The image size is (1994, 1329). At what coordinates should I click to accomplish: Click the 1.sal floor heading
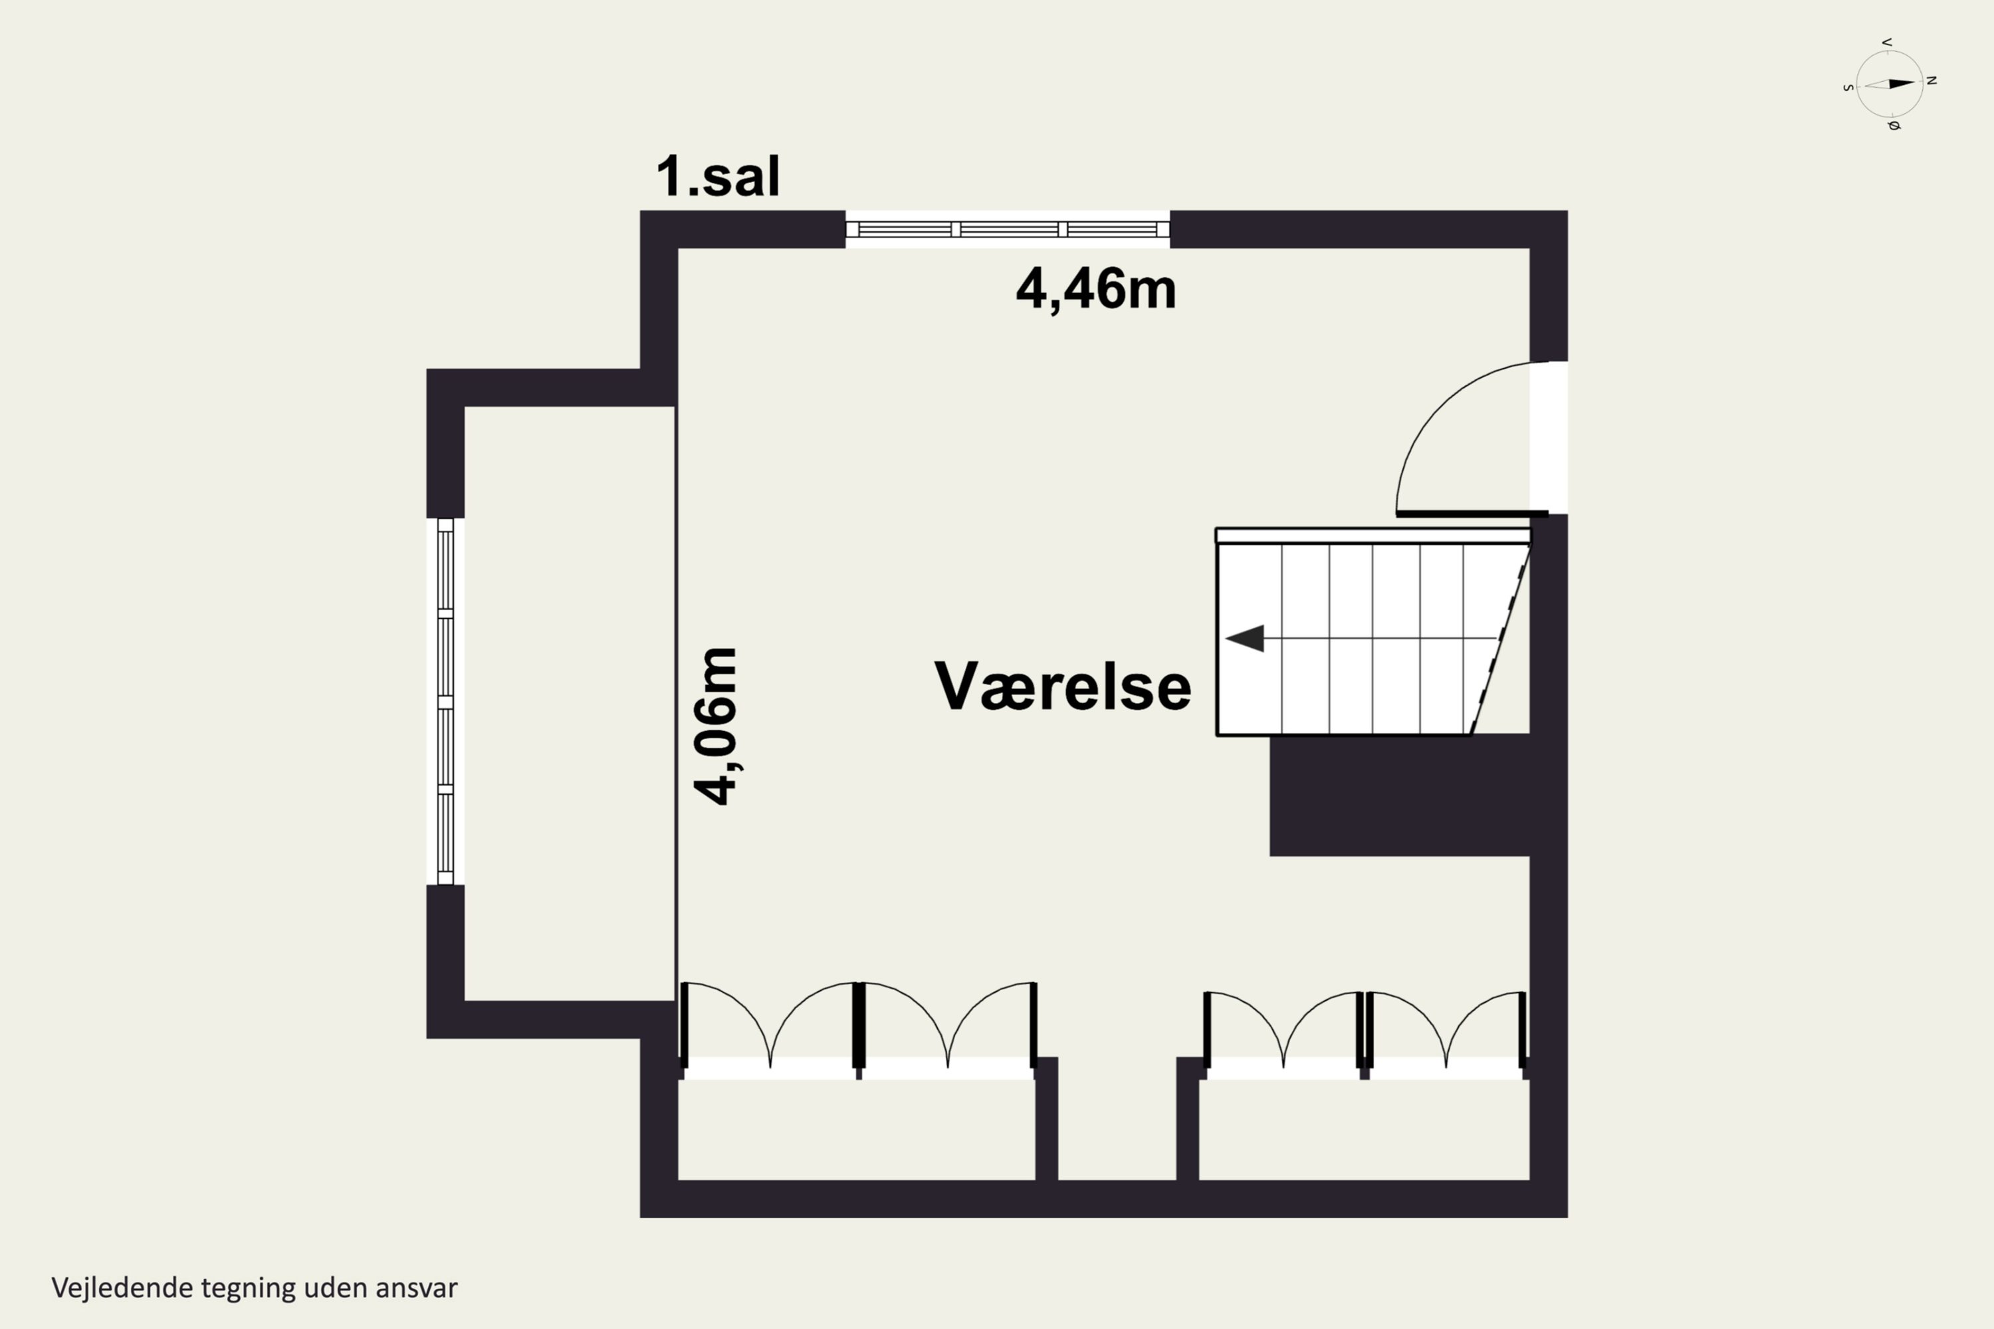tap(717, 176)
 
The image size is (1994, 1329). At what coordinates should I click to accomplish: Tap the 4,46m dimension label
tap(1095, 289)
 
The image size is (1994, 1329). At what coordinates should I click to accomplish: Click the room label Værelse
tap(1062, 686)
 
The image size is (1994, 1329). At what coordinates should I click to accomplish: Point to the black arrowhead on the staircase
tap(1246, 638)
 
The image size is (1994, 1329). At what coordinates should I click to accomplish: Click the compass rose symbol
tap(1890, 84)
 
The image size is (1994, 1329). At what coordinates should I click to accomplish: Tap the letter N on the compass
tap(1932, 80)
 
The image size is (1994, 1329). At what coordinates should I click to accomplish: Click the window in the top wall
tap(1007, 229)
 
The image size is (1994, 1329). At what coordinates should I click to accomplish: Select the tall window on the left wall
tap(445, 702)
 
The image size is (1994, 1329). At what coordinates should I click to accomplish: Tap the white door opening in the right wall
tap(1548, 437)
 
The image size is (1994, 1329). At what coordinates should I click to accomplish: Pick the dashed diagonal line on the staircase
tap(1501, 638)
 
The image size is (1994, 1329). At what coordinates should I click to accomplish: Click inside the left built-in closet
tap(856, 1129)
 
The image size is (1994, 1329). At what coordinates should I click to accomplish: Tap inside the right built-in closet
tap(1363, 1129)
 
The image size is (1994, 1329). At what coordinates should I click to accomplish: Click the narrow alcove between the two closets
tap(1117, 1119)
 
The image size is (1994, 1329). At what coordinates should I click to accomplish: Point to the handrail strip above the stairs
tap(1373, 536)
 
